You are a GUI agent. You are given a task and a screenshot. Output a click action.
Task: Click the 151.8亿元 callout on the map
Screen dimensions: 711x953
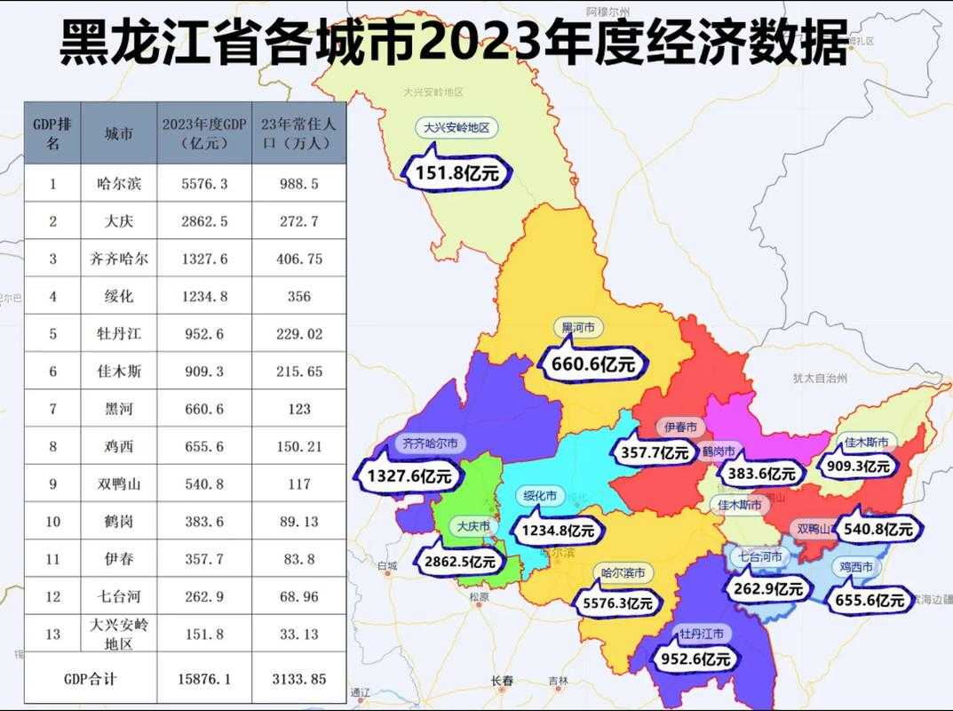click(x=457, y=172)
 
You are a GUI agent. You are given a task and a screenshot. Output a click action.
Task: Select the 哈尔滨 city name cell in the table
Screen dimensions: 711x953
click(x=119, y=184)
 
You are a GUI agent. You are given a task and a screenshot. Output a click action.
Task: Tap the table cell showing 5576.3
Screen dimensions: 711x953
click(x=204, y=184)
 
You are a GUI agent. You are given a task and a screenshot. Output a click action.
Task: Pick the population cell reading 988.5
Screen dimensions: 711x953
click(x=299, y=184)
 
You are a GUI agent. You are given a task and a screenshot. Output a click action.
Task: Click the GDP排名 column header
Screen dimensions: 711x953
click(x=52, y=133)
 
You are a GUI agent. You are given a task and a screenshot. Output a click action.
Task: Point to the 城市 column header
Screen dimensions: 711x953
click(x=119, y=133)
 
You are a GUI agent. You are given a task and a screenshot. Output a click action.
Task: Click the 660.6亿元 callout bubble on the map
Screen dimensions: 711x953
click(x=594, y=363)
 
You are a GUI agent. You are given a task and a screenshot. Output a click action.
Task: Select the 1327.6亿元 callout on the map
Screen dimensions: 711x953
click(x=409, y=475)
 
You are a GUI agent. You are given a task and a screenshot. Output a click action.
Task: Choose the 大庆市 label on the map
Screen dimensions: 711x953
click(x=473, y=526)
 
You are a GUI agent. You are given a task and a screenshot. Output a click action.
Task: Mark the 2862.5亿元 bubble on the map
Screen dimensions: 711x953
click(x=458, y=561)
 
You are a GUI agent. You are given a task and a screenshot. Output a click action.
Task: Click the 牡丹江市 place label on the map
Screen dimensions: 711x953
click(x=701, y=634)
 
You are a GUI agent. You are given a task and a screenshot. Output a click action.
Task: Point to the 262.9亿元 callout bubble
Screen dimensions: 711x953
click(x=769, y=588)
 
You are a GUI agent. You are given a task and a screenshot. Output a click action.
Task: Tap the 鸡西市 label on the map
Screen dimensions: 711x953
click(x=856, y=566)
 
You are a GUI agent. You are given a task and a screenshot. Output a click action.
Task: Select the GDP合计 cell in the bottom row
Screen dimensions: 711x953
click(x=90, y=680)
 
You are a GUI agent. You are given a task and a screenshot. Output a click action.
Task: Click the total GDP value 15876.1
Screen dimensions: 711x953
click(x=204, y=680)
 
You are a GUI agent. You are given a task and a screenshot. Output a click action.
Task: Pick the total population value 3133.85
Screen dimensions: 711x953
click(x=299, y=680)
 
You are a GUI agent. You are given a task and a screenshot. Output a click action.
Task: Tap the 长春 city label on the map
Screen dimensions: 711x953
click(x=503, y=682)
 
